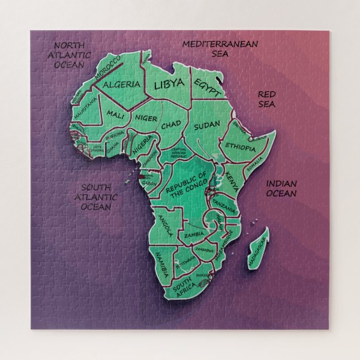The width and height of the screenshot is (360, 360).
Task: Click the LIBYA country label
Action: pos(168,84)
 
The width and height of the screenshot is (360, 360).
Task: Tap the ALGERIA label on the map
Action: pos(122,84)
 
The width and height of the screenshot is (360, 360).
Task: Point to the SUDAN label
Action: pos(207,127)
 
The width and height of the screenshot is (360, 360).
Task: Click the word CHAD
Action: pos(172,126)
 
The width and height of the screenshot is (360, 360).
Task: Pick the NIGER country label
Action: pos(145,118)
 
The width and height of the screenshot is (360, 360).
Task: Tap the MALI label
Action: pos(116,115)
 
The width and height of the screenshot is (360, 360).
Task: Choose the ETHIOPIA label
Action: pos(240,146)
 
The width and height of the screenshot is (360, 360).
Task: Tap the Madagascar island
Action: pos(258,247)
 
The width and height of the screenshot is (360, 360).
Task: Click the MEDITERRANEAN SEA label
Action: pos(220,49)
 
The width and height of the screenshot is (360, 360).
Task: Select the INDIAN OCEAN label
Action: pos(281,188)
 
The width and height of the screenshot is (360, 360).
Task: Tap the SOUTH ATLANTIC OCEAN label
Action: pos(99,197)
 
